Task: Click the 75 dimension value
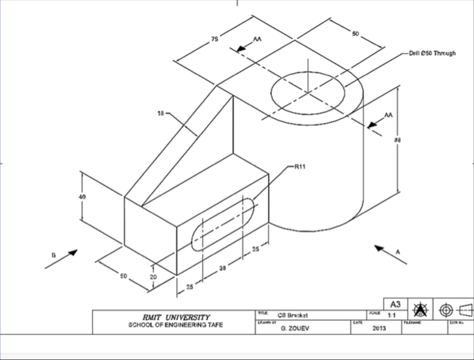coord(214,39)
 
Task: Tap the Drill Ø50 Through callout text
coord(431,53)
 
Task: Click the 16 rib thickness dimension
coord(160,113)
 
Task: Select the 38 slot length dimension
coord(222,269)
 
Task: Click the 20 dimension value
coord(153,276)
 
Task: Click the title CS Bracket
coord(293,315)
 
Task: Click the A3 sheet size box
coord(395,304)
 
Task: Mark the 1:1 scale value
coord(392,316)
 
